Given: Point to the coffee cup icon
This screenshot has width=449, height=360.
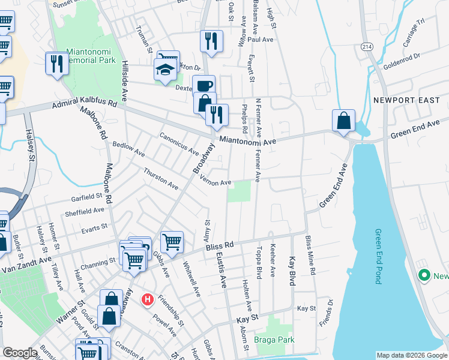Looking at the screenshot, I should tap(203, 85).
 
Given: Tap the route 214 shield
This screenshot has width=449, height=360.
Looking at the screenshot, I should tap(366, 46).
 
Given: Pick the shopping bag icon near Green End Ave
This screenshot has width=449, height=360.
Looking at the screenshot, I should tap(343, 120).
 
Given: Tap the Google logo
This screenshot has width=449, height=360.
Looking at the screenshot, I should tap(20, 353).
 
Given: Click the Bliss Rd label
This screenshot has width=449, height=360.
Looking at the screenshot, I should tap(220, 245).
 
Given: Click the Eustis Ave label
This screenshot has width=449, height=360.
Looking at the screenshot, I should tap(220, 271).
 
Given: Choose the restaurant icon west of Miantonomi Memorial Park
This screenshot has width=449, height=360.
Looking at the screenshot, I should tap(56, 63).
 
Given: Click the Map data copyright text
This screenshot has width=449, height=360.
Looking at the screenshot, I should tap(411, 355).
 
